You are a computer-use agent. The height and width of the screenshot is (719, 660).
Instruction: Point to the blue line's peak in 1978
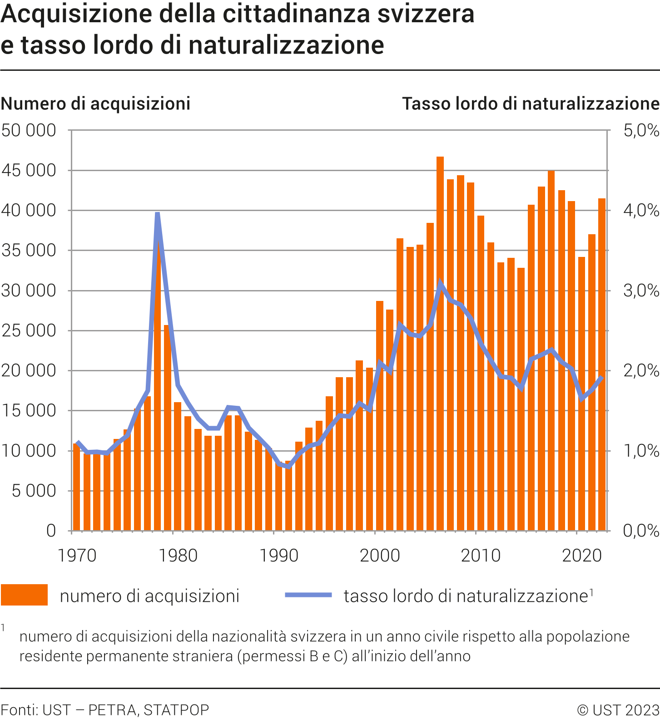157,213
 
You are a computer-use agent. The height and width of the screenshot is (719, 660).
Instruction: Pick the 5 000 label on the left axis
34,491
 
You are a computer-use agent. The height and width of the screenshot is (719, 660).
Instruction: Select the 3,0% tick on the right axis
640,291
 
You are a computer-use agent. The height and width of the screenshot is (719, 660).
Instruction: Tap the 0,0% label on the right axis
640,531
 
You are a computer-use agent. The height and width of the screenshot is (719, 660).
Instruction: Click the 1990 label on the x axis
278,556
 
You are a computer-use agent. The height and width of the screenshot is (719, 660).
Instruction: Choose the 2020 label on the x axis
582,556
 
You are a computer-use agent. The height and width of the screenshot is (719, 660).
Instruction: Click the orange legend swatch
24,595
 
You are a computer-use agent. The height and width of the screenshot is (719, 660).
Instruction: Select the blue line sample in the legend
308,595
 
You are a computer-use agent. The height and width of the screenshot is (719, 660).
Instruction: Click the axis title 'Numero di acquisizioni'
95,103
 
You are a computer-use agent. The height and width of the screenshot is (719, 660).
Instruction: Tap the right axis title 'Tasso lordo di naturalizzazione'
531,103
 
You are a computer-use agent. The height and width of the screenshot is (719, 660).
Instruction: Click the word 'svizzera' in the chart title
426,14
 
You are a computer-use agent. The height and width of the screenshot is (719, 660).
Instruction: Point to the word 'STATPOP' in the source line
176,709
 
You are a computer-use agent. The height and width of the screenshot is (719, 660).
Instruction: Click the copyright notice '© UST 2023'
618,709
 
